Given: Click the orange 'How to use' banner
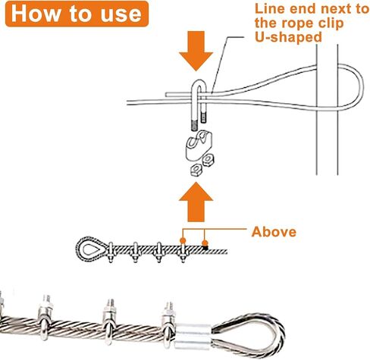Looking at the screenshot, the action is [x=77, y=14].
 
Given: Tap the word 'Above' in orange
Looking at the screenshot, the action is [x=274, y=232].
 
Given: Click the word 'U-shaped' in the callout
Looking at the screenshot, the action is [x=288, y=37].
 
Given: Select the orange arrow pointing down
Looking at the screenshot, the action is [x=196, y=51].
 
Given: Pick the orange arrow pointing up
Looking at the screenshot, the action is [x=196, y=202].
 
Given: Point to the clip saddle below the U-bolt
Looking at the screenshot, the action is [x=199, y=146].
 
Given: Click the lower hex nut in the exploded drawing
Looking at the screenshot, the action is [x=196, y=170].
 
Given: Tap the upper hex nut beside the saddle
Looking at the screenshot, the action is [x=208, y=159].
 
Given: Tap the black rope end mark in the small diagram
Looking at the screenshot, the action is [x=205, y=248].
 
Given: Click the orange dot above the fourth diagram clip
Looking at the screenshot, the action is [x=183, y=240].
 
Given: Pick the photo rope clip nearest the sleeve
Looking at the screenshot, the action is [x=168, y=324].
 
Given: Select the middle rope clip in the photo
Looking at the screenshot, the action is [x=109, y=321].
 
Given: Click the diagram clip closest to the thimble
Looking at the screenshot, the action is [x=111, y=252].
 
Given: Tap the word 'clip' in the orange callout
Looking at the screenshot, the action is [x=331, y=23].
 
